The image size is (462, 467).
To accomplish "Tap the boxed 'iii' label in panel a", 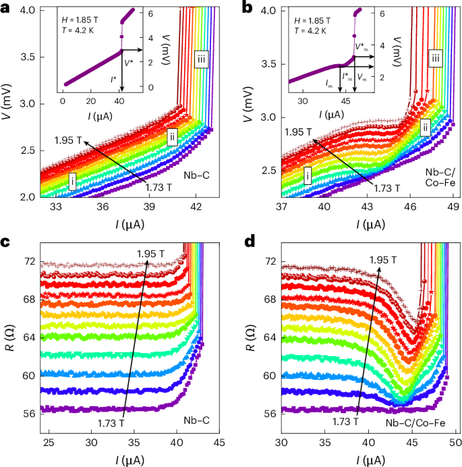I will tap(200, 60).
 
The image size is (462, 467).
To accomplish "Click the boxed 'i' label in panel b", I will tap(308, 177).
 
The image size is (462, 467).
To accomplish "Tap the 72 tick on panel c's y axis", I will tap(29, 260).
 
